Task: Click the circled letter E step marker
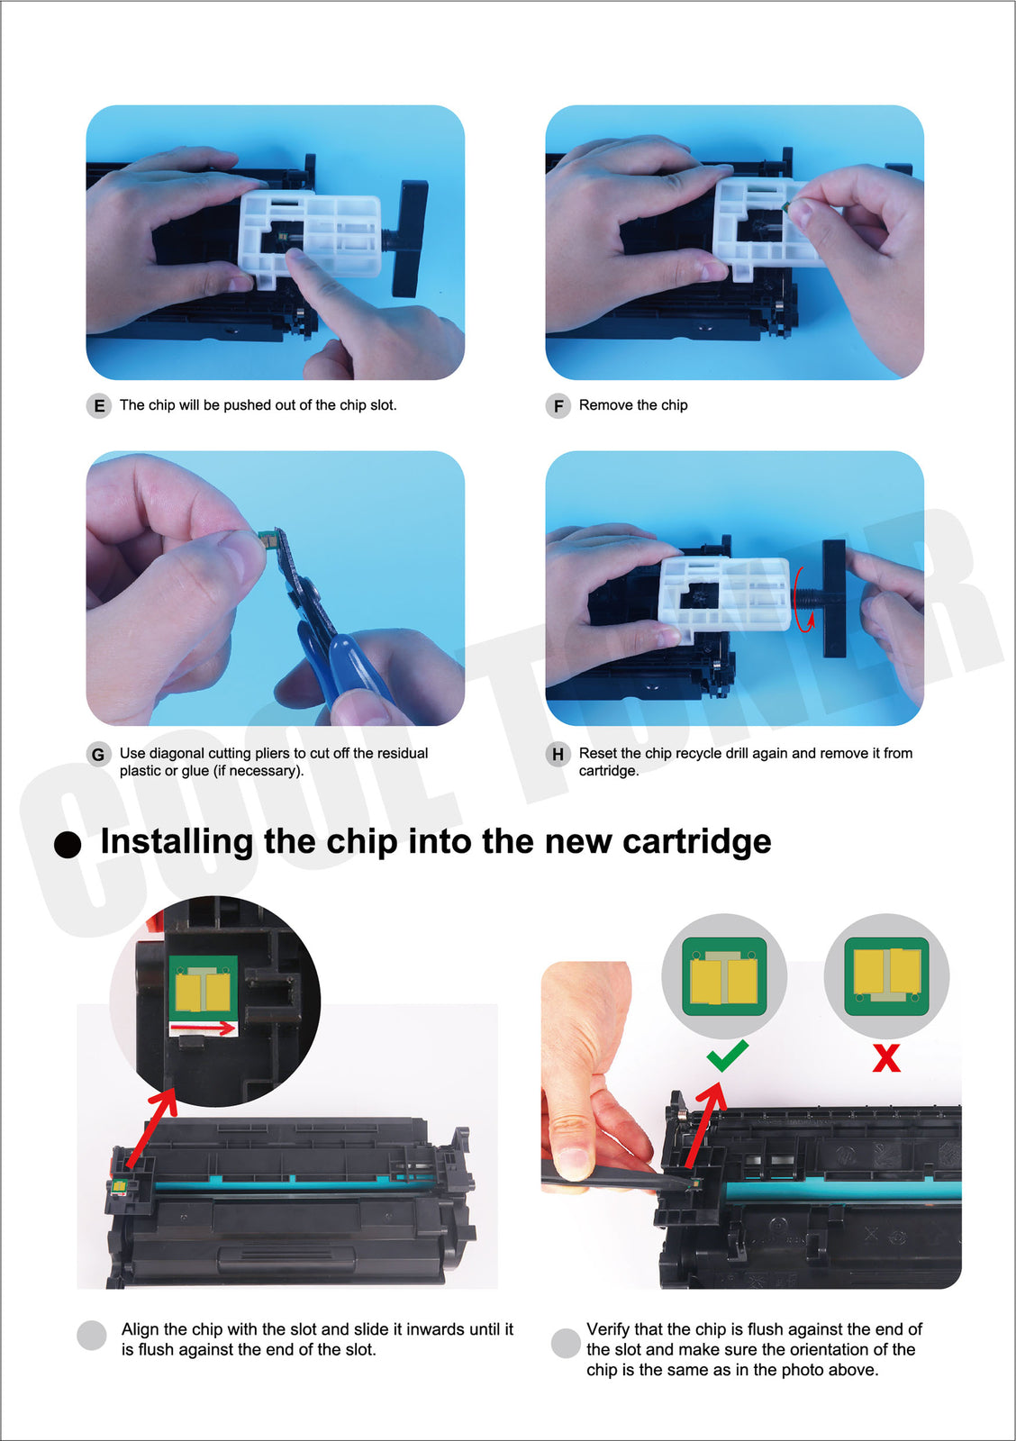click(98, 406)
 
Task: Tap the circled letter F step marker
click(558, 406)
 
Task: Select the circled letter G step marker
click(98, 754)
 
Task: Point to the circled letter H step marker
click(558, 754)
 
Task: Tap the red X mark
click(886, 1057)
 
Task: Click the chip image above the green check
click(724, 976)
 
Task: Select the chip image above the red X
click(886, 976)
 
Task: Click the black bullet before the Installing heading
click(68, 845)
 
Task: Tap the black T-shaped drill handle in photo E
click(408, 239)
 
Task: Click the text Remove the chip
click(633, 405)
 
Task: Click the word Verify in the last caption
click(607, 1329)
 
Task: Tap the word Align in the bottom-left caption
click(141, 1329)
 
